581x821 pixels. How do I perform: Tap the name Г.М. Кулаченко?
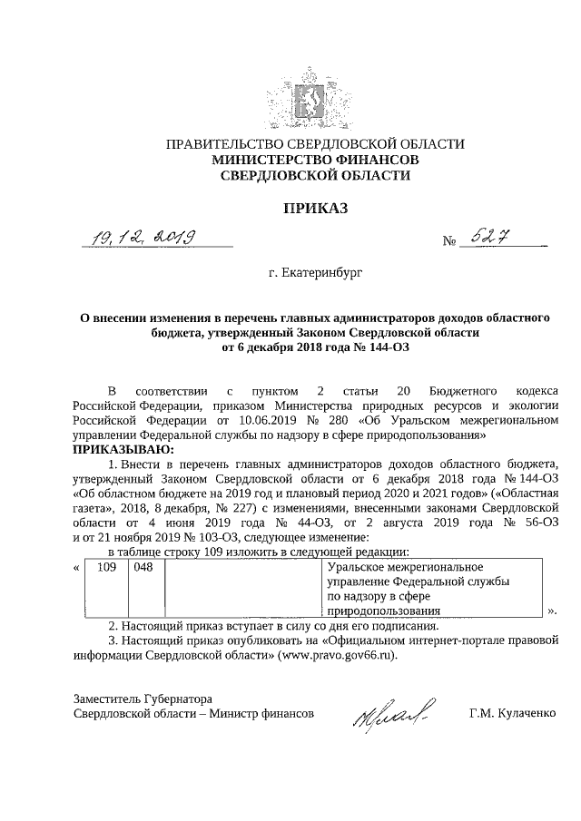512,714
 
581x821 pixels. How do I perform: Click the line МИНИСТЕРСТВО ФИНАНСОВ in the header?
314,160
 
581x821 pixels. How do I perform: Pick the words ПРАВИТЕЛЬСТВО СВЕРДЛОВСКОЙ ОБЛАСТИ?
314,144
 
